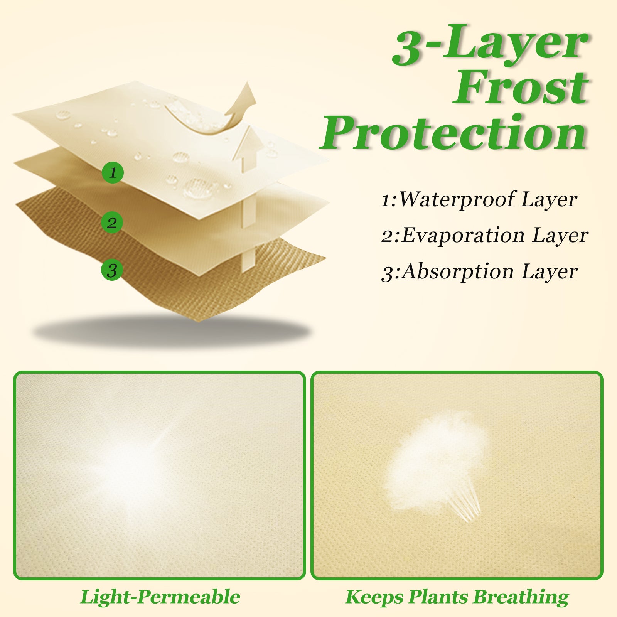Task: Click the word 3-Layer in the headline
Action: point(490,44)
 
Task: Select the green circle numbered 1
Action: point(113,172)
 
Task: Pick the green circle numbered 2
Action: point(112,223)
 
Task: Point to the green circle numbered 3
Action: point(112,270)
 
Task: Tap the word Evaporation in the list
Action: point(463,235)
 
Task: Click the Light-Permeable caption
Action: point(160,597)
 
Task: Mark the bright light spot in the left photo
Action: point(127,470)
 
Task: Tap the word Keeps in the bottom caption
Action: point(374,597)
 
